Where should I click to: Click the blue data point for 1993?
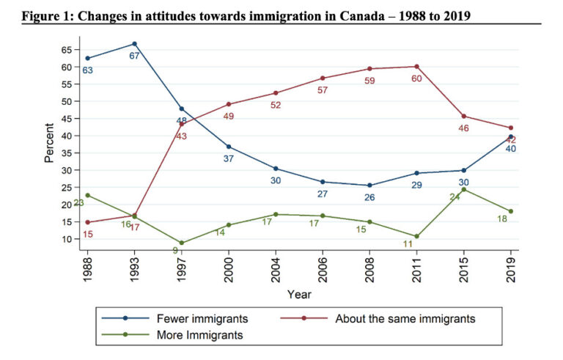pos(134,44)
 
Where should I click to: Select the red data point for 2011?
pos(416,67)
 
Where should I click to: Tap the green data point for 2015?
pos(463,189)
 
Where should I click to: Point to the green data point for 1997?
pos(181,243)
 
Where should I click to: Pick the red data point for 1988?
pos(87,222)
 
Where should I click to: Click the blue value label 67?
pos(134,56)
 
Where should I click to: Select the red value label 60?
pos(416,78)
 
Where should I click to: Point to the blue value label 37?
pos(229,158)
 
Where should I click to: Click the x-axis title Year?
pos(298,294)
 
